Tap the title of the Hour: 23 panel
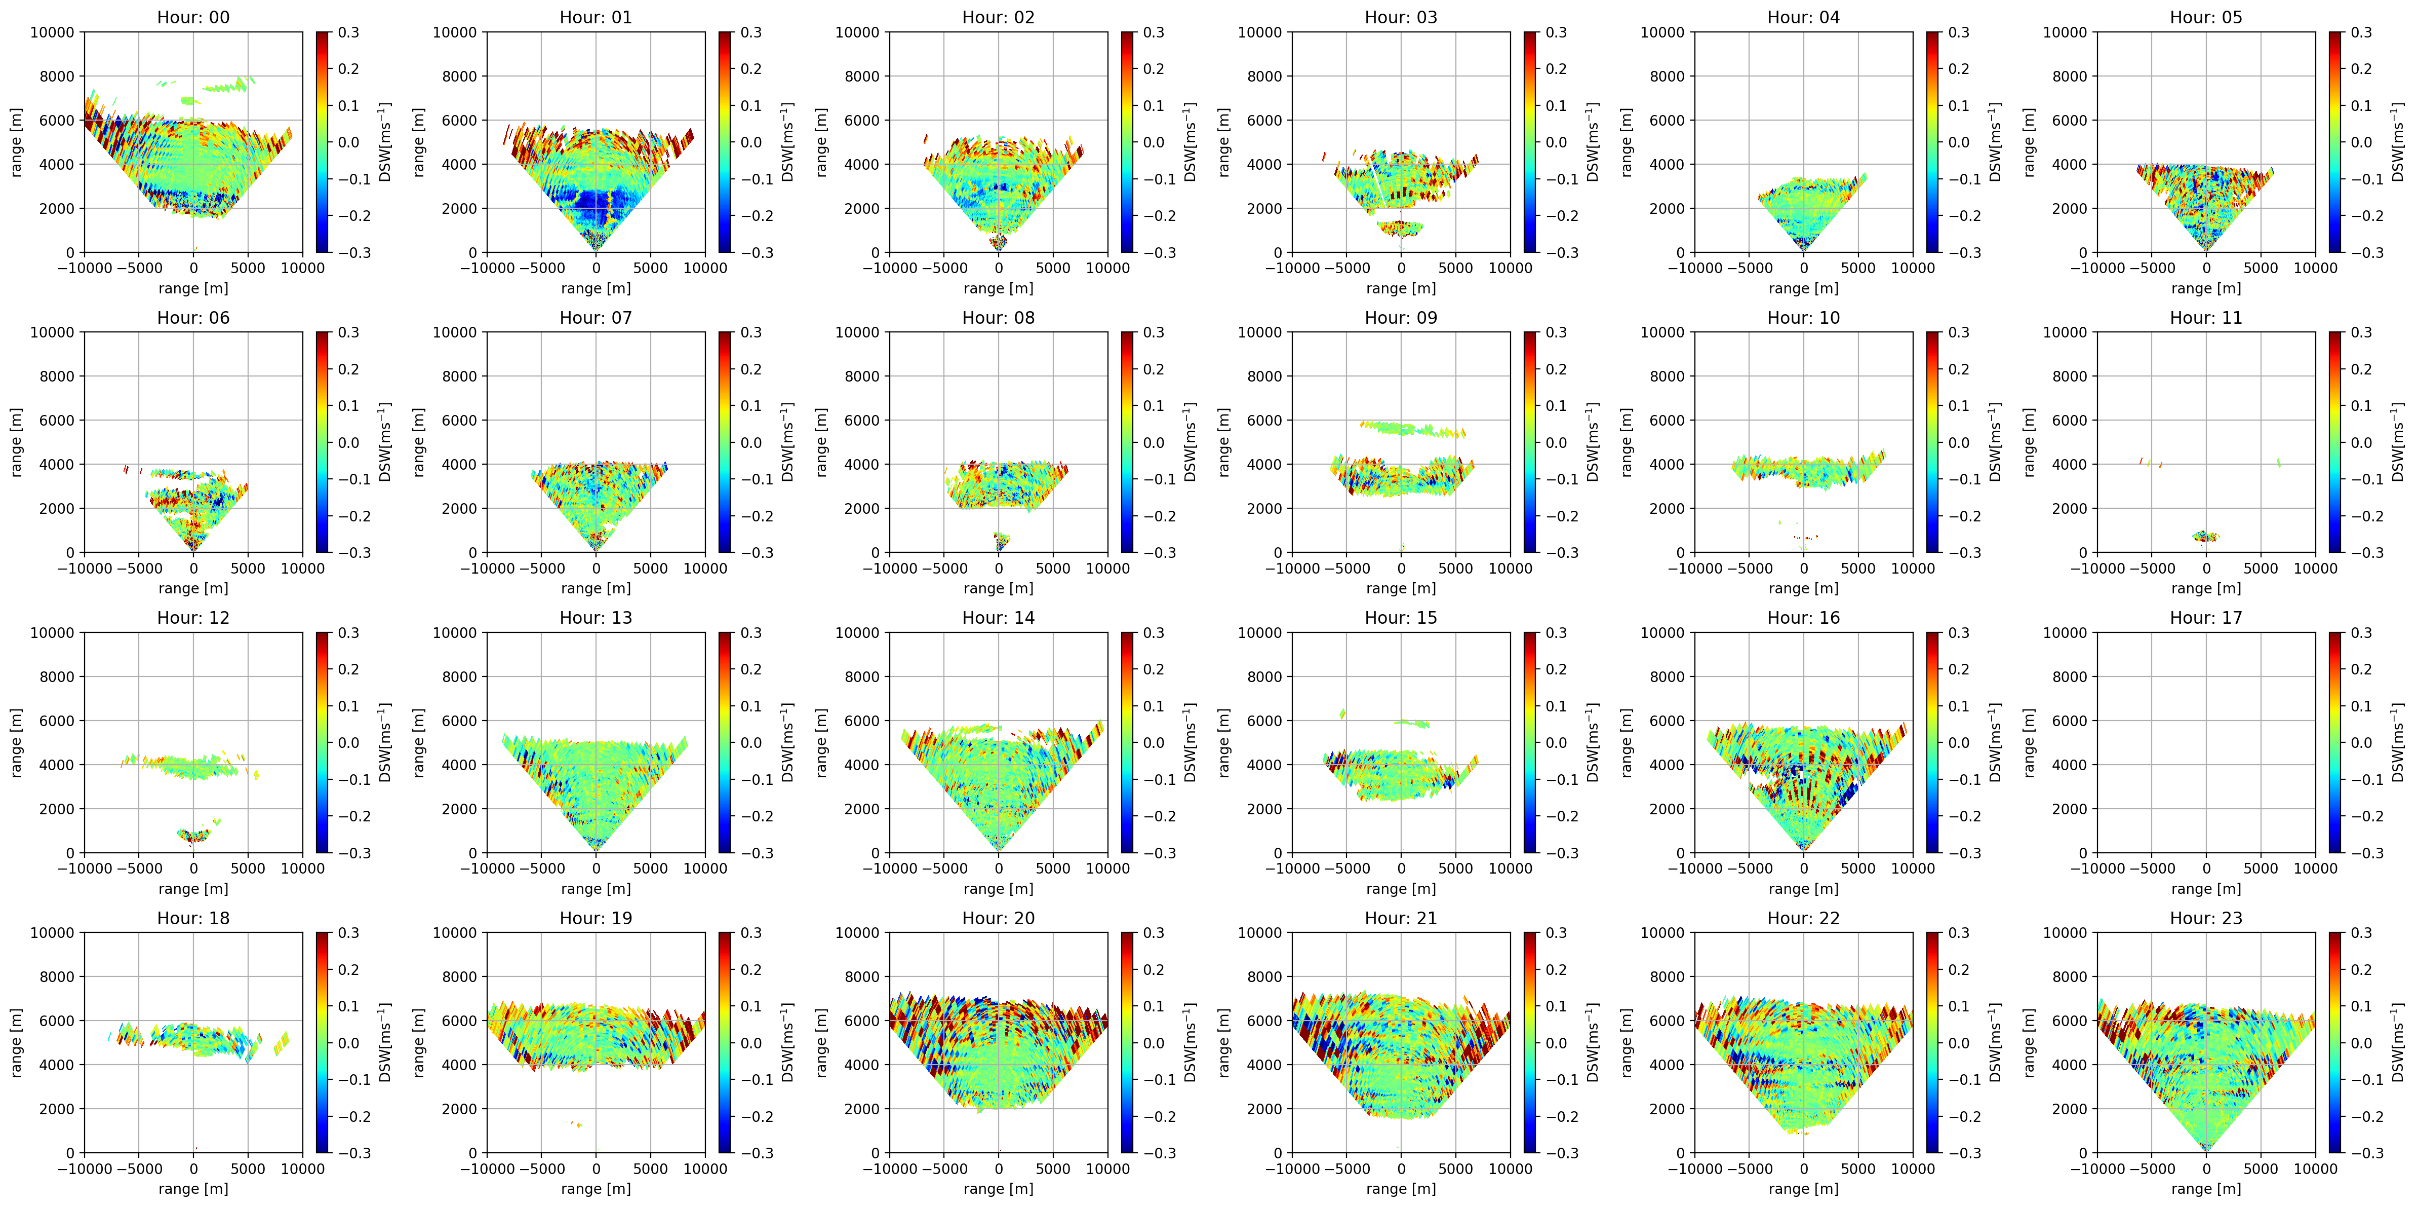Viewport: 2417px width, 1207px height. (x=2206, y=919)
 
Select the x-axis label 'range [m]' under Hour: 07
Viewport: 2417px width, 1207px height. (x=596, y=588)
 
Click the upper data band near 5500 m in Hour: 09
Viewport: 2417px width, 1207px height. (x=1413, y=429)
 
